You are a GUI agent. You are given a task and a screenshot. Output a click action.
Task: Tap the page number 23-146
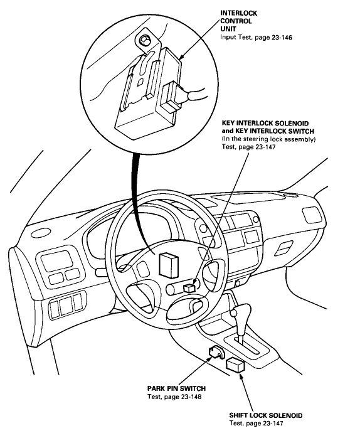(282, 38)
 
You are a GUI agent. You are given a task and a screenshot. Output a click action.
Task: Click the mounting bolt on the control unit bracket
(146, 41)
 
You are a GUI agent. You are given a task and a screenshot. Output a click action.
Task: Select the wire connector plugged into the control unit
(171, 97)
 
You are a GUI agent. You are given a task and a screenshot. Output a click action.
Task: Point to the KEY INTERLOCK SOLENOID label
(265, 124)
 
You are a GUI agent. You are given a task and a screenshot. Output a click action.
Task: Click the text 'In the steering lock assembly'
(268, 139)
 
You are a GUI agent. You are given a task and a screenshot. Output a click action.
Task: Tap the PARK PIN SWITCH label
(176, 388)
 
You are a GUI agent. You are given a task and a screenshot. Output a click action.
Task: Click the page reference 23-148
(191, 397)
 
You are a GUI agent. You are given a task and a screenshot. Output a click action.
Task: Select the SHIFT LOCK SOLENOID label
(266, 415)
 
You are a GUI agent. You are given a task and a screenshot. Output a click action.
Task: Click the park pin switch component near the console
(216, 352)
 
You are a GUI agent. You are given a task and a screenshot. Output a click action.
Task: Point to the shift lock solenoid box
(235, 365)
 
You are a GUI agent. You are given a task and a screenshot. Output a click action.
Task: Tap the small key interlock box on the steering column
(189, 288)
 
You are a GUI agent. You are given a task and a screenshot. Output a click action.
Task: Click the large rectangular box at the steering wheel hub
(169, 265)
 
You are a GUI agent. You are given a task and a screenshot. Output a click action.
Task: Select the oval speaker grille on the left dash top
(41, 233)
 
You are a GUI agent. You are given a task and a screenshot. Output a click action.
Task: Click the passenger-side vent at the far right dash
(312, 215)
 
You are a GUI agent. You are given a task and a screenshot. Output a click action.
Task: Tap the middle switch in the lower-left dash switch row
(66, 306)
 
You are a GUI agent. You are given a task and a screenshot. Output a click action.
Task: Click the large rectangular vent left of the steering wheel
(57, 260)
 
